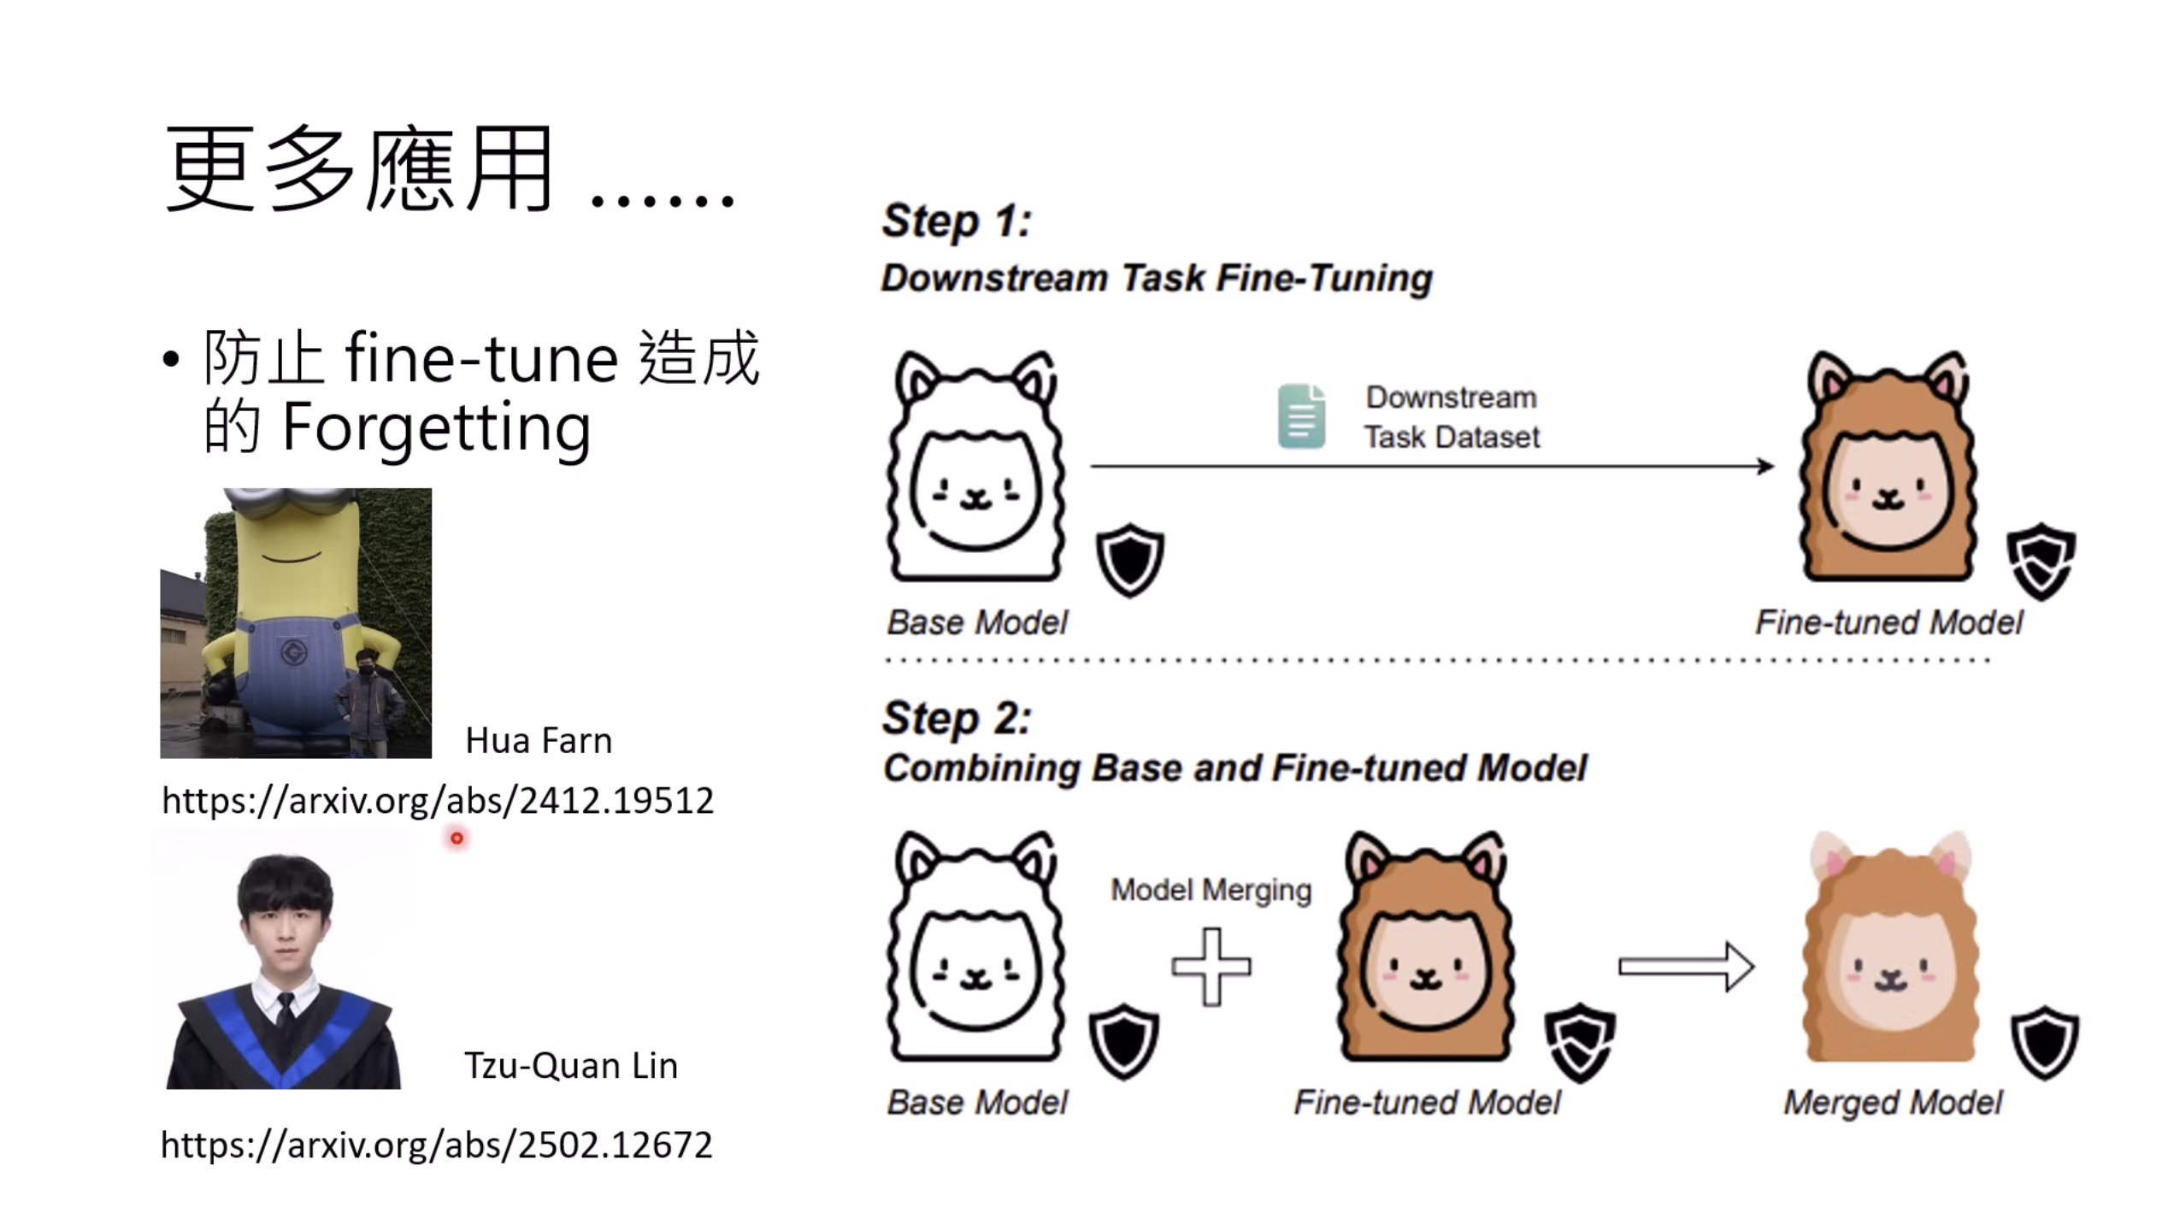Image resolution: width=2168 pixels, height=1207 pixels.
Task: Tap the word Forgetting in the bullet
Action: tap(436, 427)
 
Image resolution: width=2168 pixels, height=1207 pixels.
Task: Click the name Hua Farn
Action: tap(539, 740)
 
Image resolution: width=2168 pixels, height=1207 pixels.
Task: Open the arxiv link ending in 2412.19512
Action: tap(437, 801)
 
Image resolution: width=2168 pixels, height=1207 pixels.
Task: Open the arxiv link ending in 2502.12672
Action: tap(436, 1145)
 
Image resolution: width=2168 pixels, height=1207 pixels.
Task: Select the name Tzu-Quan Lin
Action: tap(570, 1066)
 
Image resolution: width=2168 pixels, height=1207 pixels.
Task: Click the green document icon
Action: tap(1301, 416)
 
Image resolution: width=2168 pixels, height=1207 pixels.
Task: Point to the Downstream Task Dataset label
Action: tap(1452, 417)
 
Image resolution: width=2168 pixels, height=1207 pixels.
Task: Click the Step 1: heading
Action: tap(957, 221)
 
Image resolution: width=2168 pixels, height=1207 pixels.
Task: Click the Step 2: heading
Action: tap(957, 717)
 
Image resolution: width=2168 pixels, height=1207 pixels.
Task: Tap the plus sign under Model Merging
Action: tap(1211, 967)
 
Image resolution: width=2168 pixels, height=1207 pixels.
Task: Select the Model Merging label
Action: tap(1211, 891)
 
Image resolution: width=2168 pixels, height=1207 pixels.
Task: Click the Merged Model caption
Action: tap(1893, 1103)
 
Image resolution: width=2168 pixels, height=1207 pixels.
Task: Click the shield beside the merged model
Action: tap(2045, 1043)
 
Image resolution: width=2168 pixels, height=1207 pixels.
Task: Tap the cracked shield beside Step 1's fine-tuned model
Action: tap(2041, 561)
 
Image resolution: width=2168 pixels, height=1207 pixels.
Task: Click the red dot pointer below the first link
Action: tap(457, 839)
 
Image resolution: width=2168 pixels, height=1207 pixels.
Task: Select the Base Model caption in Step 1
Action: tap(977, 622)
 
